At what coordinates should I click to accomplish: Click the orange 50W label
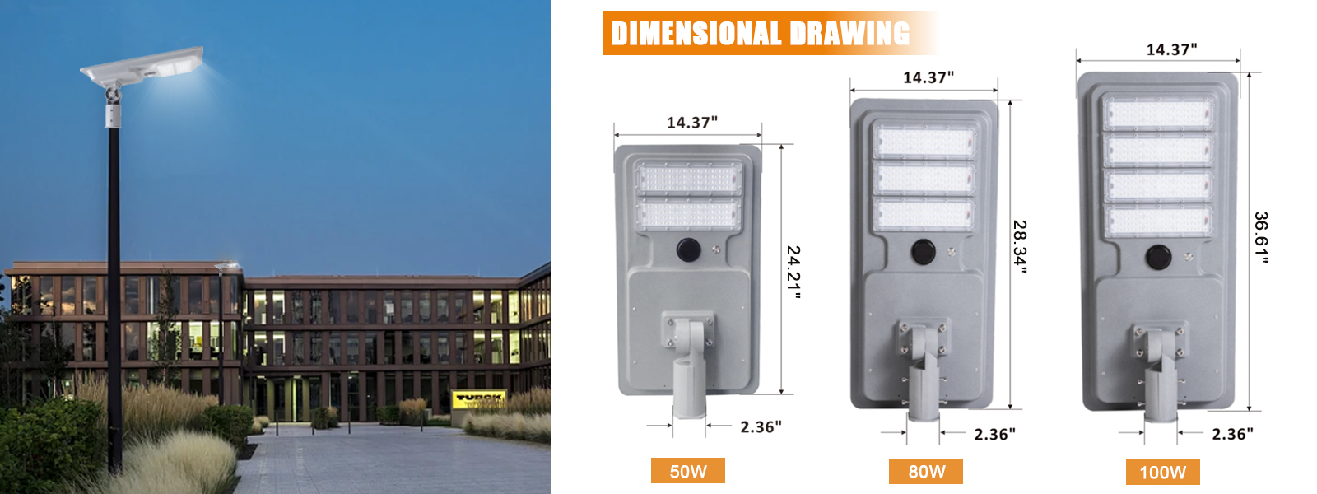(x=687, y=470)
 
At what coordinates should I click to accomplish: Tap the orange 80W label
(x=926, y=471)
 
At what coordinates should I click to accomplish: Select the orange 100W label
(x=1162, y=473)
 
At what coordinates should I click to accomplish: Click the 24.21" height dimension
(x=793, y=273)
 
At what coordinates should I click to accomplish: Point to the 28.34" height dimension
(x=1020, y=247)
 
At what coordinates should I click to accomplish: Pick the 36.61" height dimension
(x=1261, y=238)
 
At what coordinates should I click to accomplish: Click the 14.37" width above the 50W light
(x=692, y=123)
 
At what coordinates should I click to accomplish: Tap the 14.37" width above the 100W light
(x=1172, y=49)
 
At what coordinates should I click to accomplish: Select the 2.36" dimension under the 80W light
(x=995, y=434)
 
